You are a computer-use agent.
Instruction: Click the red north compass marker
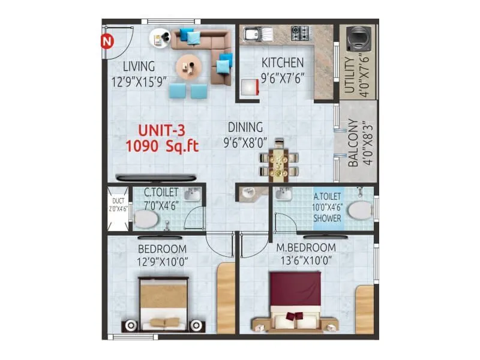tap(107, 41)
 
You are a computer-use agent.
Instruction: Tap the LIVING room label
tap(139, 66)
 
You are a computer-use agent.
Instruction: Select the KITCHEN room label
tap(282, 62)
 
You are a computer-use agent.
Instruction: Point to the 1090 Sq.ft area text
tap(162, 145)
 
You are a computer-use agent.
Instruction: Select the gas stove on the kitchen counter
tap(300, 34)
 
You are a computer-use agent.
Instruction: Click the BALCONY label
tap(353, 143)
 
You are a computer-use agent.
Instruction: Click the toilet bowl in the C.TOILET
tap(146, 221)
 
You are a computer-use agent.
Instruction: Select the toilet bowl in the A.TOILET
tap(360, 211)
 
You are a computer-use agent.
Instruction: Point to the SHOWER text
tap(328, 218)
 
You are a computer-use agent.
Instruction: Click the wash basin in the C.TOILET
tap(191, 195)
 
